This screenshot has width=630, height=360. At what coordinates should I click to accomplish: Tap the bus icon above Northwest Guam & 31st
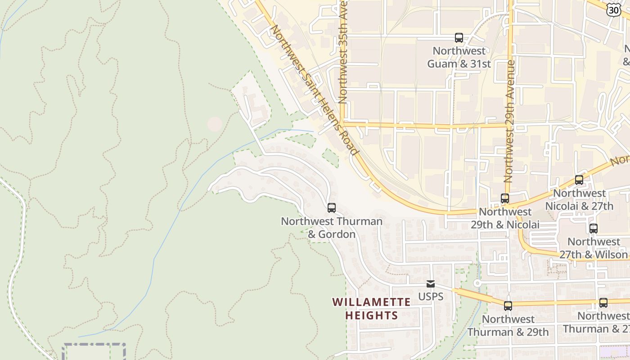(x=459, y=38)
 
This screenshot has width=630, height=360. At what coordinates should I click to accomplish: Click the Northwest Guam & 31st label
(x=459, y=57)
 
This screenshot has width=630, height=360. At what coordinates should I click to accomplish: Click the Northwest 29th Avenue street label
(x=509, y=121)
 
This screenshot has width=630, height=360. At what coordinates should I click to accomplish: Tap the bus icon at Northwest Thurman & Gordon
(x=332, y=208)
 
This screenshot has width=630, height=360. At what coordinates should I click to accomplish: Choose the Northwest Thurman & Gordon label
(x=332, y=228)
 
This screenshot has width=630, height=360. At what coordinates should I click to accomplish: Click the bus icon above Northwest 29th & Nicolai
(x=505, y=198)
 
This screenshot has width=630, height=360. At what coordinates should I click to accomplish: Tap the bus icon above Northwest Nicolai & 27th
(x=579, y=180)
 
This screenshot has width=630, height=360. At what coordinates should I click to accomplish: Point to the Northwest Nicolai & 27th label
(x=579, y=200)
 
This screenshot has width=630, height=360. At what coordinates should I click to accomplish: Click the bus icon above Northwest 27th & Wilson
(x=594, y=229)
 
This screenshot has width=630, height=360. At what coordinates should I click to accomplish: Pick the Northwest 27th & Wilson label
(x=594, y=248)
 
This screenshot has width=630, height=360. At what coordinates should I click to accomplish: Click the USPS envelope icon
(x=431, y=284)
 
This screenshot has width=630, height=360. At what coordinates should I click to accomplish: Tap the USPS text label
(x=431, y=297)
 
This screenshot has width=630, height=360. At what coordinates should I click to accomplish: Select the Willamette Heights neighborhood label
(x=372, y=308)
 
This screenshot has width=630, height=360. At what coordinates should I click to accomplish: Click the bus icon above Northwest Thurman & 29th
(x=508, y=306)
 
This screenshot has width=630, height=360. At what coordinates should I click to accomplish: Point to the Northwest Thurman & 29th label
(x=508, y=325)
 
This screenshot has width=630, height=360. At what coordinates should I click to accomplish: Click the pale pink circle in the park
(x=215, y=124)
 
